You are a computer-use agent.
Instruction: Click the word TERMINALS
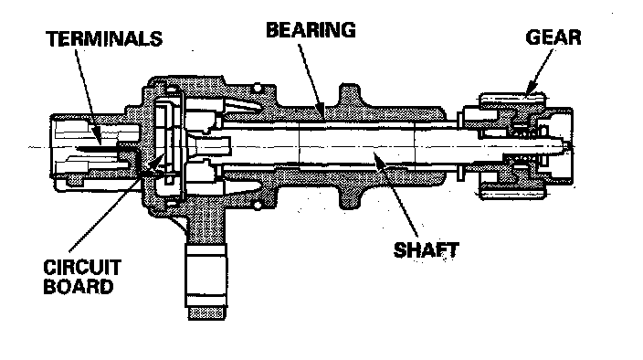coord(104,39)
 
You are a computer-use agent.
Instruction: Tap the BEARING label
coord(311,30)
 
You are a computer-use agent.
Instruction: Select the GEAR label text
coord(553,37)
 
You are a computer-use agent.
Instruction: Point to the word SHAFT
coord(426,250)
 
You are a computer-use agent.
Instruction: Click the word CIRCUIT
coord(82,268)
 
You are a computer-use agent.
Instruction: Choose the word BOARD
coord(78,286)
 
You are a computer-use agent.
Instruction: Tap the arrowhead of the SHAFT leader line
coord(378,158)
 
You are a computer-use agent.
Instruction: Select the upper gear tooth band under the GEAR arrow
coord(512,99)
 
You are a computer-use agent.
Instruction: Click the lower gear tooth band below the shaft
coord(512,193)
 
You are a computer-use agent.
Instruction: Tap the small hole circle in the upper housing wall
coord(258,88)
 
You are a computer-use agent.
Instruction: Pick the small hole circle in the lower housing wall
coord(258,205)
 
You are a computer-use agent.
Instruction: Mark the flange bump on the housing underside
coord(349,196)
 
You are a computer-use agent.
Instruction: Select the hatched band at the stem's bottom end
coord(206,313)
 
